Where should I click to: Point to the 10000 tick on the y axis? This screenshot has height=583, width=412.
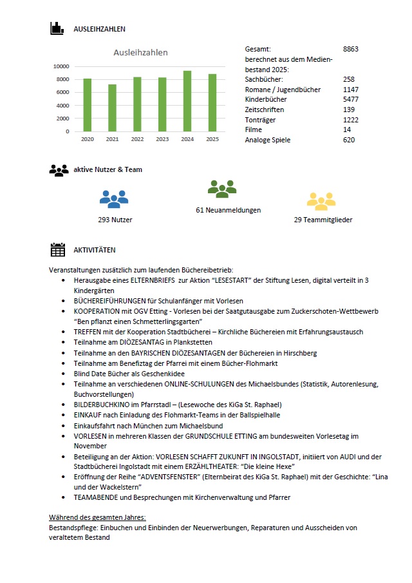coord(62,66)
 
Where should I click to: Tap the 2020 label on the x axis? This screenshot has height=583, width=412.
coord(88,139)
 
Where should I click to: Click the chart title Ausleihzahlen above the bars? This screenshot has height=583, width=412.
coord(141,52)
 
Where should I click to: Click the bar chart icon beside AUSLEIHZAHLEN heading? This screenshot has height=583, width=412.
coord(58,28)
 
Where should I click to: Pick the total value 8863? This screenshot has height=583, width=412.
coord(351,49)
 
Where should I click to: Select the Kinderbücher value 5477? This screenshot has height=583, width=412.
coord(351,100)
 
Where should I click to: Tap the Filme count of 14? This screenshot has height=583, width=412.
coord(347,130)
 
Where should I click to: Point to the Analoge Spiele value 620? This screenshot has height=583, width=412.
coord(349,140)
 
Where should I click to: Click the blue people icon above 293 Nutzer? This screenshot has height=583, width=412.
coord(114,199)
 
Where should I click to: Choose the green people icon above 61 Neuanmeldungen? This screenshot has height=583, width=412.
coord(222,189)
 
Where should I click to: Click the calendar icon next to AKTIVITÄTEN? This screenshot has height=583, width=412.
coord(58,250)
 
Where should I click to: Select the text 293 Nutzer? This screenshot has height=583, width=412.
coord(114,220)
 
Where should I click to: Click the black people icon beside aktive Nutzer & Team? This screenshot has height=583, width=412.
coord(59,170)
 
